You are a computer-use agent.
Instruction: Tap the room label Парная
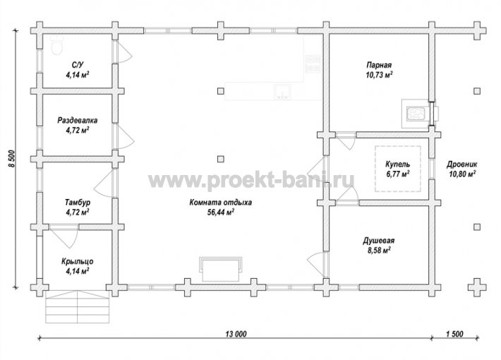pos(379,65)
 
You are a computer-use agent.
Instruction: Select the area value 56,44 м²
pos(220,212)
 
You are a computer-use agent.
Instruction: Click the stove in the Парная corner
pos(416,113)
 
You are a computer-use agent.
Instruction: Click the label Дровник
pos(461,164)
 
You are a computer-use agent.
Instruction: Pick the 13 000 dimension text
pos(236,334)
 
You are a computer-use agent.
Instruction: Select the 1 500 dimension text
pos(454,334)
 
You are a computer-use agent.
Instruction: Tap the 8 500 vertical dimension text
pos(11,158)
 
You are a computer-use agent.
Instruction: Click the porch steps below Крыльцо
pos(78,306)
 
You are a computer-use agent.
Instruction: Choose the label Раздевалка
pos(78,121)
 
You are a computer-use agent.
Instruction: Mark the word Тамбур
pos(78,203)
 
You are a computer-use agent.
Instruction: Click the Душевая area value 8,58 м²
pos(379,250)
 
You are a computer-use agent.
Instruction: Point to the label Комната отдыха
pos(220,203)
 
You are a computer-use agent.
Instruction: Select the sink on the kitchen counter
pos(282,92)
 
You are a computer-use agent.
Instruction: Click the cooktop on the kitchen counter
pos(313,64)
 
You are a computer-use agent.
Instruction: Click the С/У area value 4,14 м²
pos(78,75)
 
